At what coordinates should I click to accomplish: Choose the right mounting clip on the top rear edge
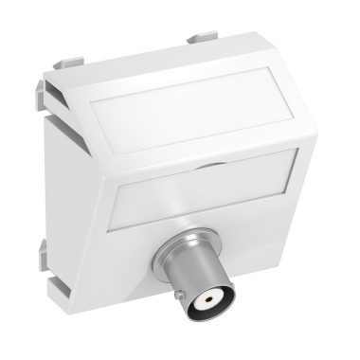pyautogui.click(x=201, y=42)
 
